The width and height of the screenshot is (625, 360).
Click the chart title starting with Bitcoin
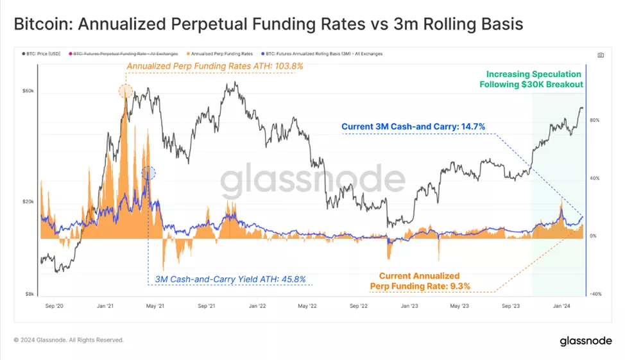(268, 24)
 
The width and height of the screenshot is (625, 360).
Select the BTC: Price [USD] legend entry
(44, 54)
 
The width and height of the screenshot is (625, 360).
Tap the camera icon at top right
(601, 55)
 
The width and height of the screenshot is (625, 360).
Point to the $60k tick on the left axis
(28, 91)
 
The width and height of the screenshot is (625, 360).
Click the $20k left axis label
(28, 201)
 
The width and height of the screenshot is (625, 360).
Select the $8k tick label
(29, 294)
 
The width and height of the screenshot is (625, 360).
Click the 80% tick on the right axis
(595, 120)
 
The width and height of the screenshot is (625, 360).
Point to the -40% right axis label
(595, 294)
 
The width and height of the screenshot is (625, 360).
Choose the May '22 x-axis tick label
(307, 306)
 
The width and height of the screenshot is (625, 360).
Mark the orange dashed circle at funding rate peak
(126, 91)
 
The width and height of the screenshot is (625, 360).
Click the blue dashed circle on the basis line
(148, 172)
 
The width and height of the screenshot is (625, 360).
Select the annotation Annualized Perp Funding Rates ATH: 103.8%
(205, 66)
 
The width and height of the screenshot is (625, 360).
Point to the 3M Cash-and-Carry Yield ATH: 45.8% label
(230, 280)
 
